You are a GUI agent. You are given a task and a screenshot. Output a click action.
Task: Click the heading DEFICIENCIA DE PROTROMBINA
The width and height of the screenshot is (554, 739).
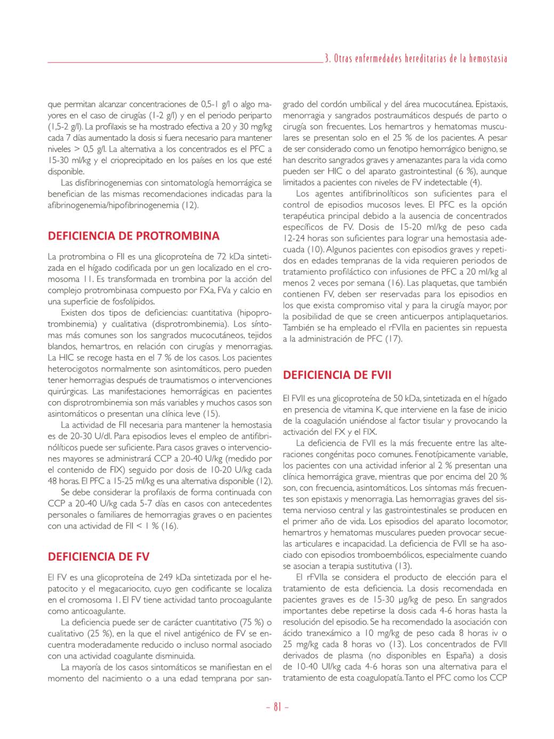click(133, 236)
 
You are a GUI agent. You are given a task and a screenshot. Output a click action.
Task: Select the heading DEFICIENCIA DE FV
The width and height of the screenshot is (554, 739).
click(99, 557)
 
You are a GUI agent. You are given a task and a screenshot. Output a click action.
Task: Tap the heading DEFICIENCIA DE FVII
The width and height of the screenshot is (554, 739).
click(337, 375)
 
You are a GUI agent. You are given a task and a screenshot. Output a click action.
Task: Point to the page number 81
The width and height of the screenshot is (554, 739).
click(277, 708)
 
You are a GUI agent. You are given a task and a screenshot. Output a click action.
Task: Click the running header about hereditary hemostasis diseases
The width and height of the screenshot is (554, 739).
click(416, 59)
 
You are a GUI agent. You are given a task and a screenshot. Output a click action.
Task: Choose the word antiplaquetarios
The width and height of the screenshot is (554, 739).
click(474, 316)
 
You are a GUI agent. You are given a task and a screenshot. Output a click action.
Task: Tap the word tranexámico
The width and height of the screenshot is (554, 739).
click(327, 634)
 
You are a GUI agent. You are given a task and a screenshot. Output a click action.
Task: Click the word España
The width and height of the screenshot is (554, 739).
click(454, 656)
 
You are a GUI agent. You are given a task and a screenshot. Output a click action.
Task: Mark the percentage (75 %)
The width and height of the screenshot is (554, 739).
click(250, 622)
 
